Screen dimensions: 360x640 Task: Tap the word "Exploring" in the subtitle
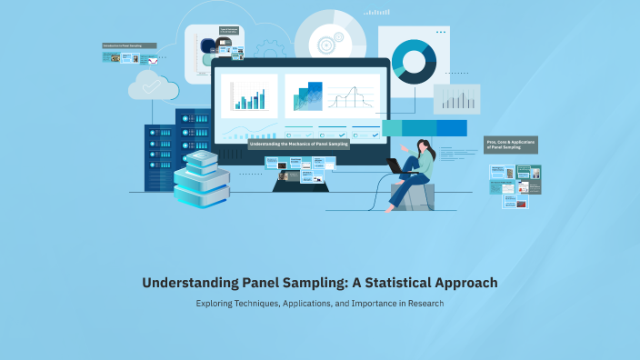point(216,303)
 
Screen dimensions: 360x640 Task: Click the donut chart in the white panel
point(414,61)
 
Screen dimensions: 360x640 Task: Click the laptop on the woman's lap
point(397,166)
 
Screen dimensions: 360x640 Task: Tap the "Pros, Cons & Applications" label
point(510,145)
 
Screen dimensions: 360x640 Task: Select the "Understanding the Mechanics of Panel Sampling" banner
point(299,144)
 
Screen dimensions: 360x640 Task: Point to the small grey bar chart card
point(456,98)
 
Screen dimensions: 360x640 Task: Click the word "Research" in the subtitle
point(425,303)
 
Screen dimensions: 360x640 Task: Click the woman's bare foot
point(390,208)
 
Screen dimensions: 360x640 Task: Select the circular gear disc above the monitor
point(329,42)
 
